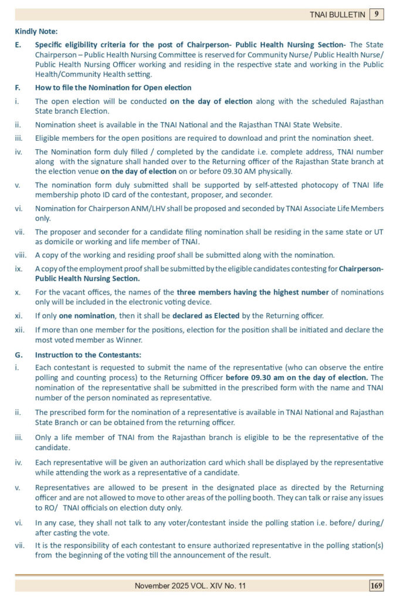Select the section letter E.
click(x=18, y=45)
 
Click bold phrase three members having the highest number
click(x=238, y=292)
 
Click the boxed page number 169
click(x=376, y=585)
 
